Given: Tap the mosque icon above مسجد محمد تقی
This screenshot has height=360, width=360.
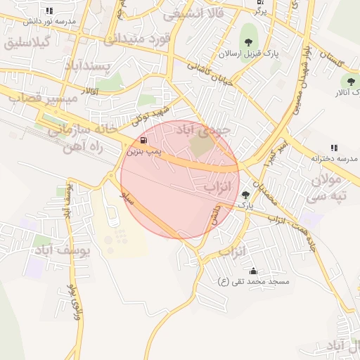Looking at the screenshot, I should coord(253,271).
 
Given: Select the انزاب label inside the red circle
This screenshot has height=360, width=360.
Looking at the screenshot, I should coord(217,188).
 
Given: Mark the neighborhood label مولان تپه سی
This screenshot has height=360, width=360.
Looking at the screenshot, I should coord(330,188).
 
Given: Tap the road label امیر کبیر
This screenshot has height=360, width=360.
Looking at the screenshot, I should coord(272,152).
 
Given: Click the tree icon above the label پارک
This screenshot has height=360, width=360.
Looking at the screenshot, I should coord(245,195).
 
